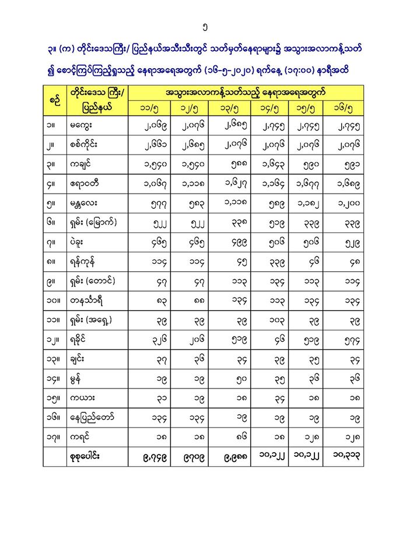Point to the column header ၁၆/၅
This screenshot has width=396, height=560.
tap(349, 108)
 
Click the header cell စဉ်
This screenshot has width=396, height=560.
tap(54, 100)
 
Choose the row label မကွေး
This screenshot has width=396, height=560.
tap(83, 125)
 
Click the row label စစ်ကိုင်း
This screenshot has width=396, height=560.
tap(87, 145)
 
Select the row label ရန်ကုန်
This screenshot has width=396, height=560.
tap(86, 262)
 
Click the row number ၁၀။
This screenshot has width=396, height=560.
tap(54, 301)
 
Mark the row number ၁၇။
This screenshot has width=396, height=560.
tap(54, 437)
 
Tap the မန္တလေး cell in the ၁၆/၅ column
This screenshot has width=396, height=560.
tap(349, 203)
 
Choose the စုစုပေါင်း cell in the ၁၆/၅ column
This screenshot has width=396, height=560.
tap(349, 457)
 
